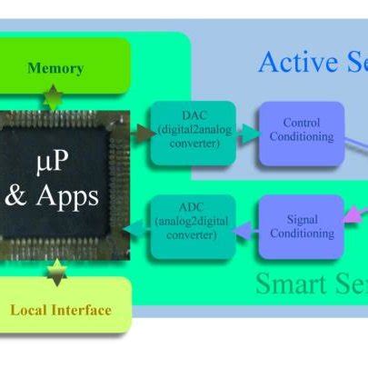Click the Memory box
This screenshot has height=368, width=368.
pyautogui.click(x=56, y=67)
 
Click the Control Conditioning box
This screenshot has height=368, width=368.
pyautogui.click(x=301, y=134)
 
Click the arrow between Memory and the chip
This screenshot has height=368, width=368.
pyautogui.click(x=56, y=97)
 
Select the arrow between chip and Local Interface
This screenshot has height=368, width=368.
pyautogui.click(x=56, y=271)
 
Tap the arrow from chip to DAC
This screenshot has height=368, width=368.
pyautogui.click(x=142, y=133)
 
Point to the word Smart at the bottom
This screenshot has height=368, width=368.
pyautogui.click(x=288, y=283)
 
